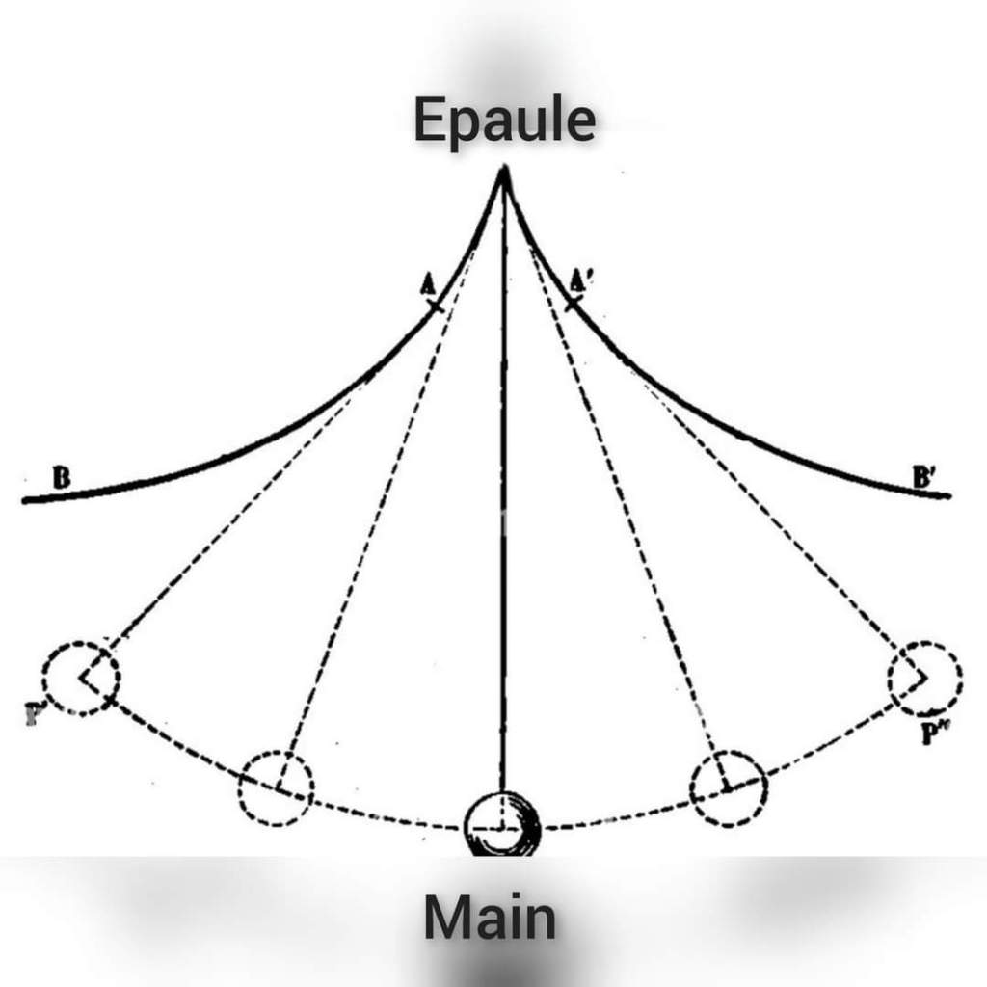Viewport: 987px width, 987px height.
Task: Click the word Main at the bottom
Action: [490, 918]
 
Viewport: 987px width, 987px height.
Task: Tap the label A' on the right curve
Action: [580, 280]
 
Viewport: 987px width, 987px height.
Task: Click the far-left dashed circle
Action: [81, 678]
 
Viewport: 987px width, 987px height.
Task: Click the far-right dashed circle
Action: [924, 679]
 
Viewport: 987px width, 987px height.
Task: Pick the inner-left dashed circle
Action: [276, 787]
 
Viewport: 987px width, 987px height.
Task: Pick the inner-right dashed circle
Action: [729, 787]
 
